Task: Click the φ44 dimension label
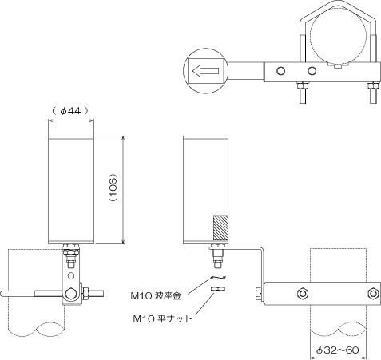[70, 111]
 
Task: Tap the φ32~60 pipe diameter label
[338, 350]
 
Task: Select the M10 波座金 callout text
[156, 295]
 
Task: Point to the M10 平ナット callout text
[162, 318]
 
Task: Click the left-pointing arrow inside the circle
[205, 71]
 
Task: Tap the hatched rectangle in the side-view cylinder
[220, 227]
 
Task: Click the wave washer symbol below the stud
[218, 278]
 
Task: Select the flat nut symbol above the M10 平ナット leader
[218, 288]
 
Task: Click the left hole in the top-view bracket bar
[280, 71]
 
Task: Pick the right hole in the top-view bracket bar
[312, 71]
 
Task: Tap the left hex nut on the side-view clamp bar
[302, 294]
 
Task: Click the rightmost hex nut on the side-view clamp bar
[373, 294]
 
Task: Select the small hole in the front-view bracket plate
[71, 275]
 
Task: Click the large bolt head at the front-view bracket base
[71, 294]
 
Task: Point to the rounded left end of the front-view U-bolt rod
[2, 294]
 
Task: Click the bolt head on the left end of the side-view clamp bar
[259, 294]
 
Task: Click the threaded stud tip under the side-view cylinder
[217, 265]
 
